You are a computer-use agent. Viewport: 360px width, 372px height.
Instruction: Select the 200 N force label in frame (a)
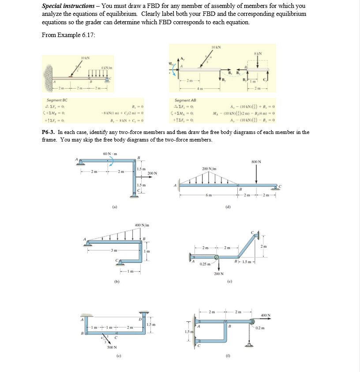(153, 173)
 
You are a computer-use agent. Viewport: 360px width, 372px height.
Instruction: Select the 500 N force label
(112, 347)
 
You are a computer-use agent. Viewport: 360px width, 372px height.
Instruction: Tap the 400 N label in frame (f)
(266, 315)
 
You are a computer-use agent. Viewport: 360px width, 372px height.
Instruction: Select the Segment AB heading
(185, 100)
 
